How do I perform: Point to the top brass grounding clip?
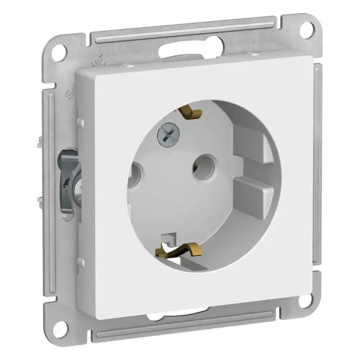pos(192,111)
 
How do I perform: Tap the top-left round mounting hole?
pos(58,52)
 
